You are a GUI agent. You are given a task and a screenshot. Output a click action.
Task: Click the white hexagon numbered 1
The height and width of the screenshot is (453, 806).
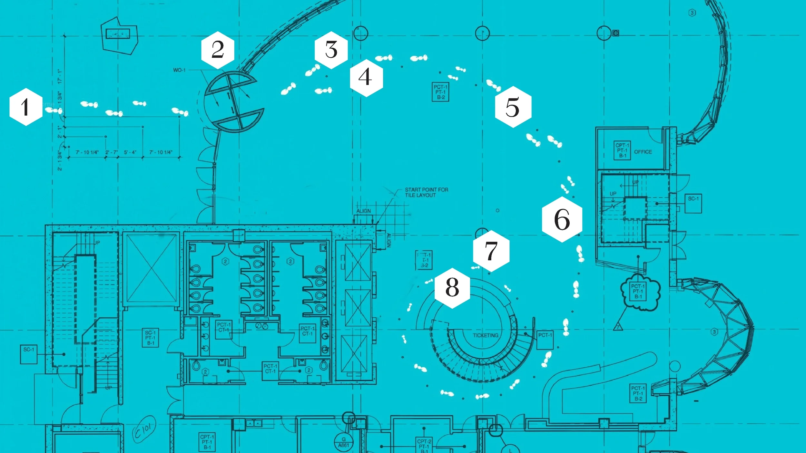26,107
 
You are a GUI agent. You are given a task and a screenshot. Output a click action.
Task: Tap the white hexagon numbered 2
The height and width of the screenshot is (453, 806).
218,50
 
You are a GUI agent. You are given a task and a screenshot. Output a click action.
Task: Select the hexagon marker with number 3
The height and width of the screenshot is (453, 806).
331,50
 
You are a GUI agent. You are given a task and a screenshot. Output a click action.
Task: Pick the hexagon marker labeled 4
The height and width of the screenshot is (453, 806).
366,78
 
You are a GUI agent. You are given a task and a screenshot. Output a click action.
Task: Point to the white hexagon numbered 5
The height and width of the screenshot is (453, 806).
513,107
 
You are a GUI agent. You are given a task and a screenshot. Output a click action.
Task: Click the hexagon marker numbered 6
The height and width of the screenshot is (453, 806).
562,219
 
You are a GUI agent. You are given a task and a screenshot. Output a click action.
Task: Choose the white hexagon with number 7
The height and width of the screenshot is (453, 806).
491,251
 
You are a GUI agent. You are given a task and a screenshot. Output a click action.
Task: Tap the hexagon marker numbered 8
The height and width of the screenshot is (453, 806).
452,288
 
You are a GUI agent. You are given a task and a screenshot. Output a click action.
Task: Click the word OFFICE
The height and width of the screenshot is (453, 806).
643,152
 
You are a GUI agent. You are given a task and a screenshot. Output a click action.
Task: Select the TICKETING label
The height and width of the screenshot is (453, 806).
485,335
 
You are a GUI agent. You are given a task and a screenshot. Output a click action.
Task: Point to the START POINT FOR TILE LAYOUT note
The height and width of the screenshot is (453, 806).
426,192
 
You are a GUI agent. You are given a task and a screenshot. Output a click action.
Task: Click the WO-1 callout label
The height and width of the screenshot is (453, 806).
179,70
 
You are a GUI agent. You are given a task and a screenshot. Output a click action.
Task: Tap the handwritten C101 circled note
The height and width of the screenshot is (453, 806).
144,429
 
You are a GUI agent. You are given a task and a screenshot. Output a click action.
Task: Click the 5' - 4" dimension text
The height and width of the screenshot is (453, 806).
130,152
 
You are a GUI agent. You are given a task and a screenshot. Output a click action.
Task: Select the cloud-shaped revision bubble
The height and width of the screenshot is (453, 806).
640,292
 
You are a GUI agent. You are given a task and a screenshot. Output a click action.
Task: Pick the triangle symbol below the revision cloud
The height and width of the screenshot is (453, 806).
618,326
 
